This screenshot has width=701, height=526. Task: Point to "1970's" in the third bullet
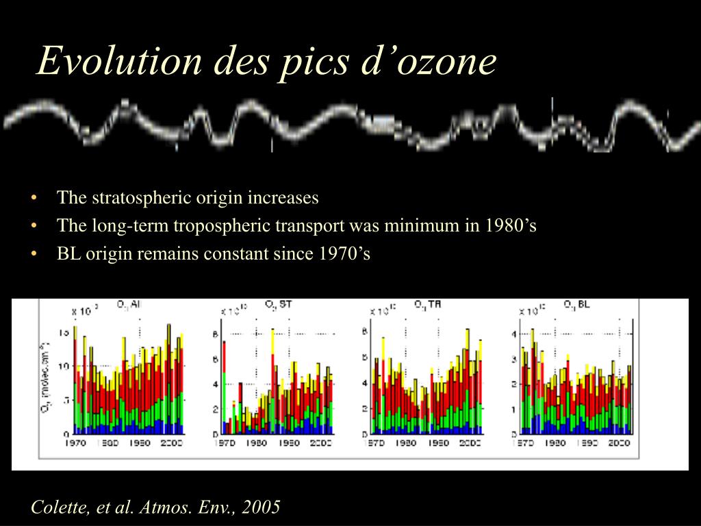(x=344, y=254)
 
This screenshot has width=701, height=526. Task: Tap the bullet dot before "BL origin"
(x=34, y=254)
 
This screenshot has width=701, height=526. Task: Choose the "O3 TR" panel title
(x=427, y=303)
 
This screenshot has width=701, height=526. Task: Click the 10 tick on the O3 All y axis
(x=64, y=366)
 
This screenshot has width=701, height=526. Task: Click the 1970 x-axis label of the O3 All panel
(x=75, y=443)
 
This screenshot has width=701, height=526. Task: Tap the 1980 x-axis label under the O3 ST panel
(x=256, y=443)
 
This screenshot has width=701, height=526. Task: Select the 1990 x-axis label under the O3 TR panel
(x=438, y=443)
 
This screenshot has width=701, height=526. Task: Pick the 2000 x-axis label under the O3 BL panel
(x=619, y=443)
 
